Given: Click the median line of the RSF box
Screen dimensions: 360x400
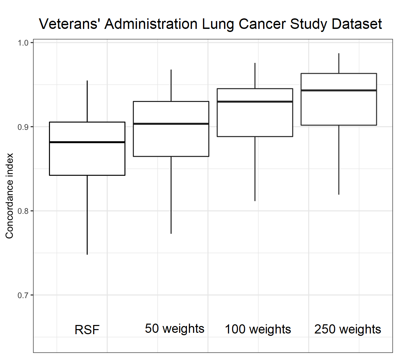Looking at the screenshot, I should (x=87, y=142).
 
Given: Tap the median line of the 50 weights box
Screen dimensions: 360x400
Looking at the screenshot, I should (x=171, y=124).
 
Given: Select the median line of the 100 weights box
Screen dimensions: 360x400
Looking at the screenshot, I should (x=255, y=102).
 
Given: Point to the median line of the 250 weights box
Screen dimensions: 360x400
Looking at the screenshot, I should (x=339, y=90).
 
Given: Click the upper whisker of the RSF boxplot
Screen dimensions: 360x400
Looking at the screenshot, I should (x=87, y=101).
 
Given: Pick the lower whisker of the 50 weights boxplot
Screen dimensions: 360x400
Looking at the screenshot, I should (x=171, y=195).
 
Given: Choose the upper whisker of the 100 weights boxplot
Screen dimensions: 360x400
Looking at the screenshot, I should (x=255, y=76).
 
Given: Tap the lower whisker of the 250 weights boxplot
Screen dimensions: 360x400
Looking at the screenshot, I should (x=339, y=160).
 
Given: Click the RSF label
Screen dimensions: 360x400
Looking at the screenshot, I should (x=87, y=330).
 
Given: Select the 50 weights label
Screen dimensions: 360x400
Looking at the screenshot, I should (x=175, y=329).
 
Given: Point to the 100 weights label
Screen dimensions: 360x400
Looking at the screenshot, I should (x=258, y=329).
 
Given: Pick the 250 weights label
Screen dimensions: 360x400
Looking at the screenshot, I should (x=348, y=329).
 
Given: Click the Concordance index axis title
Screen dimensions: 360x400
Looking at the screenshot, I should (x=10, y=196).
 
